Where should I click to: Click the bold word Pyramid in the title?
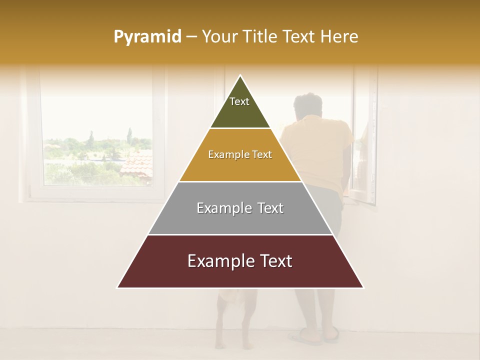[147, 36]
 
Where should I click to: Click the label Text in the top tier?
[239, 101]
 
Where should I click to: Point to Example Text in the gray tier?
[240, 208]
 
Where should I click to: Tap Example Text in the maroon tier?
[240, 261]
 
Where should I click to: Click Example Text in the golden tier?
[240, 154]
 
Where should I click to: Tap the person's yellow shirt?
[320, 150]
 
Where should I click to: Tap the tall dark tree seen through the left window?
[129, 135]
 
